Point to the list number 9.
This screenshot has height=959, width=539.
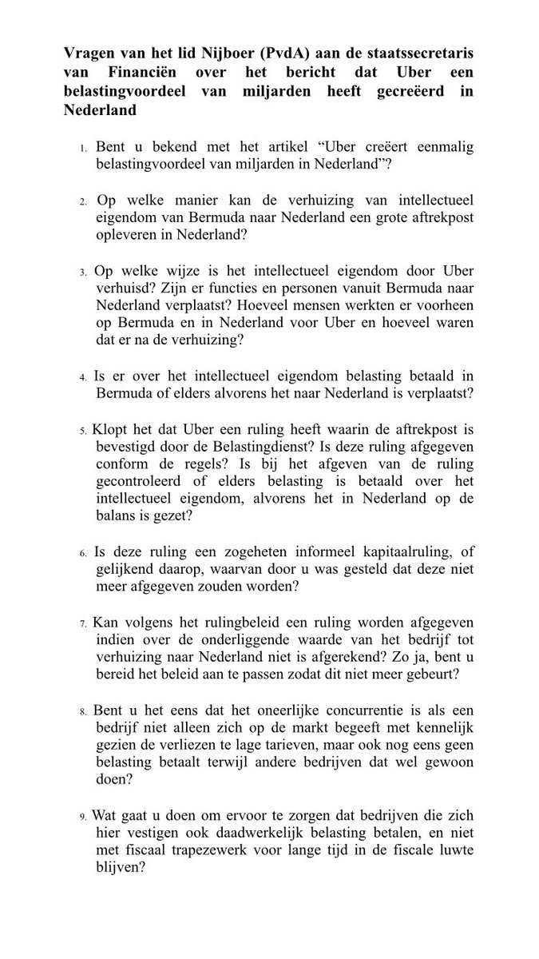(x=83, y=818)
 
